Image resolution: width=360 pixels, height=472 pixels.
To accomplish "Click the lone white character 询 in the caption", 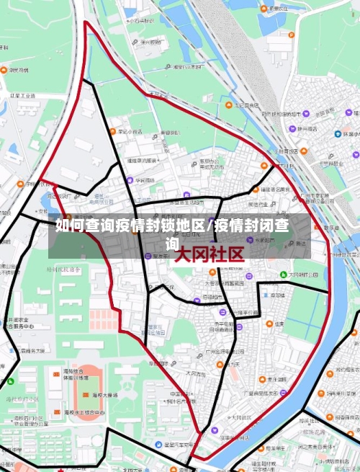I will [172, 244].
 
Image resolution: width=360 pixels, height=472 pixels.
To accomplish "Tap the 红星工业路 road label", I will [22, 95].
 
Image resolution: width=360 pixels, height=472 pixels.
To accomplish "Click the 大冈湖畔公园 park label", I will [307, 275].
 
